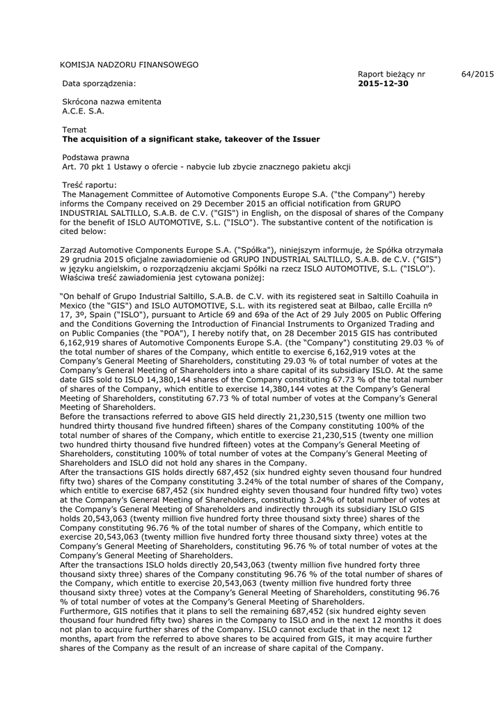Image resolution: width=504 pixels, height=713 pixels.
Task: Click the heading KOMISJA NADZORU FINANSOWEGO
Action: click(129, 65)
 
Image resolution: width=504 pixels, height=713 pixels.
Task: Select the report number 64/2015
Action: click(477, 74)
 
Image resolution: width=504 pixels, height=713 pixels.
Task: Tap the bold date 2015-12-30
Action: click(383, 84)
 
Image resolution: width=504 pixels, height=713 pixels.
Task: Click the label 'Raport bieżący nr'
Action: click(391, 74)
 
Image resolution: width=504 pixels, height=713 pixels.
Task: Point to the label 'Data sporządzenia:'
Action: click(99, 84)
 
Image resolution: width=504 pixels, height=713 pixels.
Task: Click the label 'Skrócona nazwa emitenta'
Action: click(111, 102)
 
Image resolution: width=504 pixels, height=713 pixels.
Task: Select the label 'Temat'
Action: click(74, 130)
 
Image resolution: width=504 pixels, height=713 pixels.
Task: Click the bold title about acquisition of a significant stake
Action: click(191, 139)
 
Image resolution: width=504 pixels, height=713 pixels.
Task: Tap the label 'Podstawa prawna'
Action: click(95, 157)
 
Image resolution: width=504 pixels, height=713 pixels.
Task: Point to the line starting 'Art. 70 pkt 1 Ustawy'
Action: click(206, 167)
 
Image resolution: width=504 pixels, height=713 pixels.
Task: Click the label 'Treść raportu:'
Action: click(90, 185)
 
